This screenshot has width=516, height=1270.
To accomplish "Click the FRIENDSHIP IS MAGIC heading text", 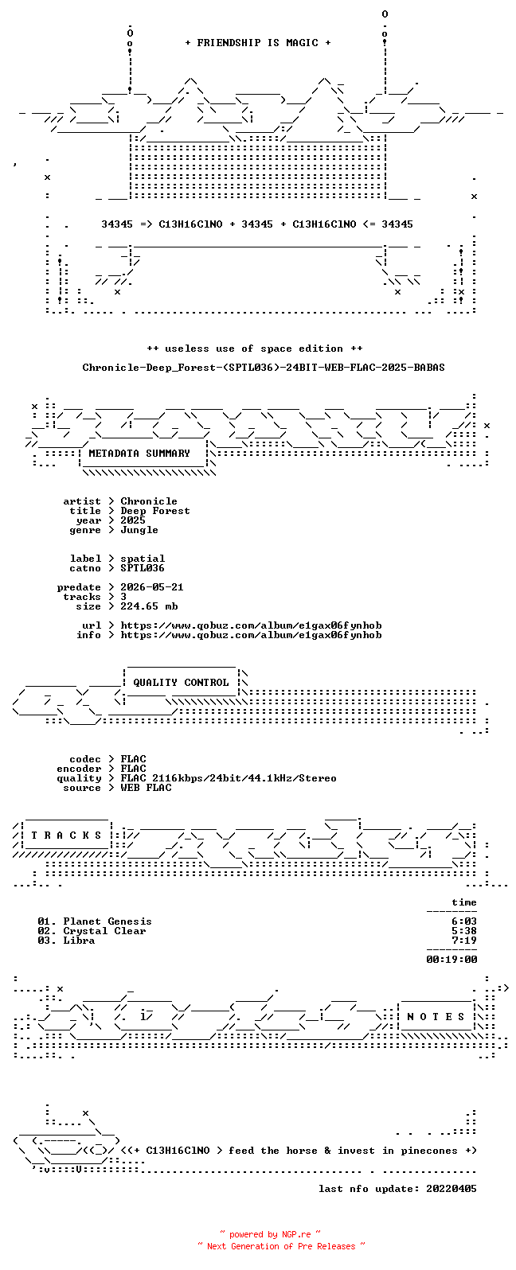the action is click(x=258, y=43).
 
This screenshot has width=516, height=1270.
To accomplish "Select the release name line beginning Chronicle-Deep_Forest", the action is click(x=264, y=368).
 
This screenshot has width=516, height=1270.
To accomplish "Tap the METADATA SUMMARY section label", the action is click(x=139, y=454).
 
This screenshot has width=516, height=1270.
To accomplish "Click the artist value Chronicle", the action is click(x=149, y=501).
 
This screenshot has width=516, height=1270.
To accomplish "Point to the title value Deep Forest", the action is click(x=155, y=511).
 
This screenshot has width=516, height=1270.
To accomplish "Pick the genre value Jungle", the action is click(x=139, y=530).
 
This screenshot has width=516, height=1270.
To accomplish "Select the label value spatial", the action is click(x=143, y=559).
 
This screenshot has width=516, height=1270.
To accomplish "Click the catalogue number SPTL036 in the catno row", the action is click(x=143, y=568).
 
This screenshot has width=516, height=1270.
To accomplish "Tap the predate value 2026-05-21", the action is click(x=152, y=587).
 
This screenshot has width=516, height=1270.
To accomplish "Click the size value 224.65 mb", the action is click(x=149, y=606).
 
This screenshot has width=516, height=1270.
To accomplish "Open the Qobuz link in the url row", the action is click(x=251, y=625).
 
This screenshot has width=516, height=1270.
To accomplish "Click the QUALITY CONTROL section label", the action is click(x=181, y=683).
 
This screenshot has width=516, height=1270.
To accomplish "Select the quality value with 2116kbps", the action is click(x=229, y=778).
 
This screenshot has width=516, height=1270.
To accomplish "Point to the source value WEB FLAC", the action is click(x=146, y=788).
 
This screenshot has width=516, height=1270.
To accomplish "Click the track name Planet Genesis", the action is click(x=107, y=921).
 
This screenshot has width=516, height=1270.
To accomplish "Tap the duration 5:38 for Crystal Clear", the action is click(x=464, y=931).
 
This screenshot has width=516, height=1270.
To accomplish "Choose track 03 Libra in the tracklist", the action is click(x=66, y=941).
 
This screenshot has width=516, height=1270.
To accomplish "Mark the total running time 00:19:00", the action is click(x=451, y=960).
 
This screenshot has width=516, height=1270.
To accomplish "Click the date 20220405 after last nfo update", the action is click(x=451, y=1189).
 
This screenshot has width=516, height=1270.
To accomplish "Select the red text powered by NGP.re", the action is click(x=270, y=1234).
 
